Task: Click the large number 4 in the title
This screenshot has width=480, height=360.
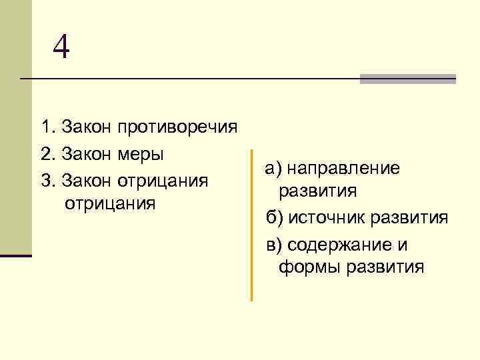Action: click(61, 47)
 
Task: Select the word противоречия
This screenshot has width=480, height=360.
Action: click(177, 127)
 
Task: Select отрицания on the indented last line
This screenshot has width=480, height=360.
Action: click(109, 203)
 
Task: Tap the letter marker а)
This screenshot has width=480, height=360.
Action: click(273, 169)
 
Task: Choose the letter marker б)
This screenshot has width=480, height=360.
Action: click(273, 218)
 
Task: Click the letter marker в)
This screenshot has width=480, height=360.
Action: click(273, 245)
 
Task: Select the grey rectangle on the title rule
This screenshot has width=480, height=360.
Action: click(407, 79)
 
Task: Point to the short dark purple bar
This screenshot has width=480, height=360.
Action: click(16, 255)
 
